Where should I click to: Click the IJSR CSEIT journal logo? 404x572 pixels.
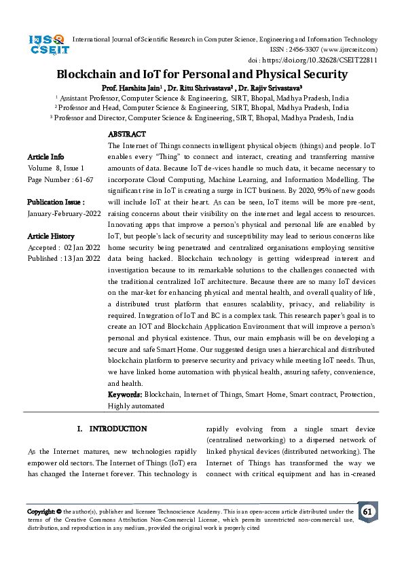coord(46,46)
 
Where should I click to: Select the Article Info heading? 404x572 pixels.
coord(45,157)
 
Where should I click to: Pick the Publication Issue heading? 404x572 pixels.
coord(56,202)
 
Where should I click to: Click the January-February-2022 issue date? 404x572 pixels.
coord(62,213)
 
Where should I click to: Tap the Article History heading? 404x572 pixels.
coord(51,236)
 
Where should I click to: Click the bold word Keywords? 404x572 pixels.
coord(124,395)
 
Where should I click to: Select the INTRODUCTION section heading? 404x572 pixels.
coord(117,429)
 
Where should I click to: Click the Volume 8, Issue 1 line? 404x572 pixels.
coord(56,168)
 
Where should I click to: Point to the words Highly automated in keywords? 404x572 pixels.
coord(136,406)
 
